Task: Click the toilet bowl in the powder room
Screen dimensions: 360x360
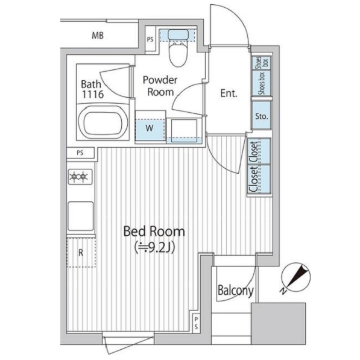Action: click(178, 54)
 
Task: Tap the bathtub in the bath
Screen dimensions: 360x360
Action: click(103, 122)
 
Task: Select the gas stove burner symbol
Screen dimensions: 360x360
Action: click(80, 177)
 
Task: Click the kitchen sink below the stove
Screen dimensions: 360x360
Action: click(81, 216)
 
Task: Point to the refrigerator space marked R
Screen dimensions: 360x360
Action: click(81, 253)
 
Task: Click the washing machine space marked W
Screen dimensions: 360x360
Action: click(150, 128)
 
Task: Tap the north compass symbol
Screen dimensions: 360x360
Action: click(295, 277)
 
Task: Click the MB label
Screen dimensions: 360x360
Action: click(98, 36)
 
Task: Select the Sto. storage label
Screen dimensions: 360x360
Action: click(262, 116)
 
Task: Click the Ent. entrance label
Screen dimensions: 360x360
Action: click(229, 93)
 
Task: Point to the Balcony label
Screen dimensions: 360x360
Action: click(236, 291)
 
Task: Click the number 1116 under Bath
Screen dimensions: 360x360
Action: click(93, 94)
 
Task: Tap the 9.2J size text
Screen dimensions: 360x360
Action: click(155, 247)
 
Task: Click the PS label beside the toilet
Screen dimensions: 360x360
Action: click(150, 39)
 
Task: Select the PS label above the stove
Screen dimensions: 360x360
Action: click(80, 153)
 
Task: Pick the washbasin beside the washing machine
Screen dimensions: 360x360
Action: click(185, 131)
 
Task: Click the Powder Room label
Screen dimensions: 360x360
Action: click(160, 86)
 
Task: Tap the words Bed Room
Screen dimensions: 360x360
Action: click(154, 232)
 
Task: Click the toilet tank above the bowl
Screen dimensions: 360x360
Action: click(178, 35)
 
